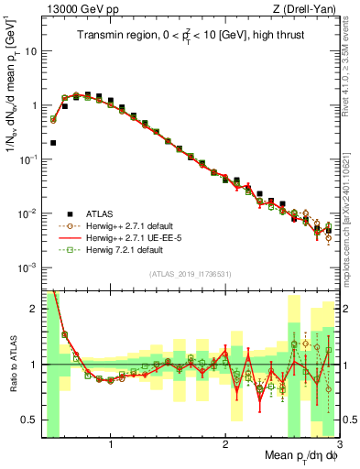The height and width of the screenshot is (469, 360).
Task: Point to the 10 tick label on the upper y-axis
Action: [x=30, y=51]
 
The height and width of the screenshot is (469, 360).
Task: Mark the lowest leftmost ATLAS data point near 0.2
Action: [x=54, y=143]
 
